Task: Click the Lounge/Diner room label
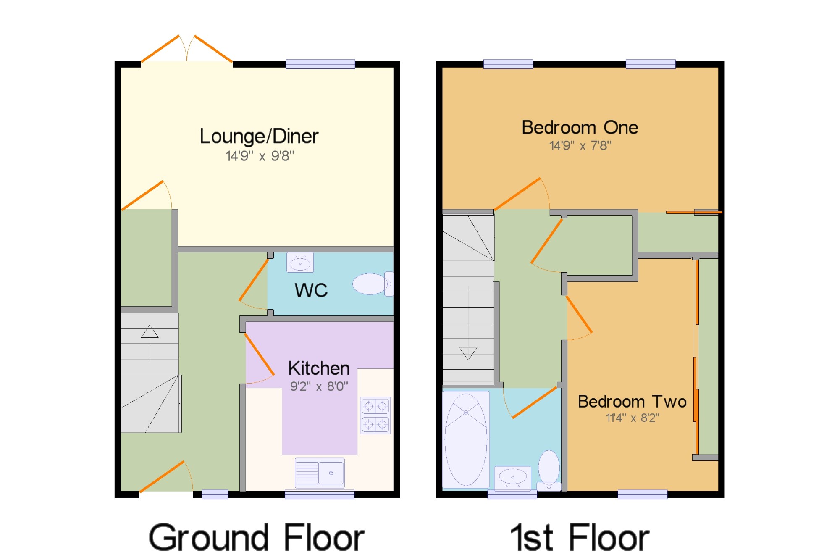tap(259, 137)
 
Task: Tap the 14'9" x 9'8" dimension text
tap(260, 156)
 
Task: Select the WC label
tap(311, 290)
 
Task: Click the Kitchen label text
tap(319, 368)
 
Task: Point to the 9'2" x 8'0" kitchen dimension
tap(319, 386)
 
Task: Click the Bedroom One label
tap(580, 127)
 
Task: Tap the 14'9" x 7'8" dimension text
tap(580, 146)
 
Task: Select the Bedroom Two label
tap(632, 402)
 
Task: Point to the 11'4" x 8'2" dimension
tap(633, 418)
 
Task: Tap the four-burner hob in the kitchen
tap(375, 415)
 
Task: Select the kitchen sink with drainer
tap(320, 473)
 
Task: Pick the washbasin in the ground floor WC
tap(300, 263)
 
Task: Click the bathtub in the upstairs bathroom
tap(466, 439)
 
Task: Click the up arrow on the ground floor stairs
tap(150, 343)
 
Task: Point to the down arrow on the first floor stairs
tap(468, 323)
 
